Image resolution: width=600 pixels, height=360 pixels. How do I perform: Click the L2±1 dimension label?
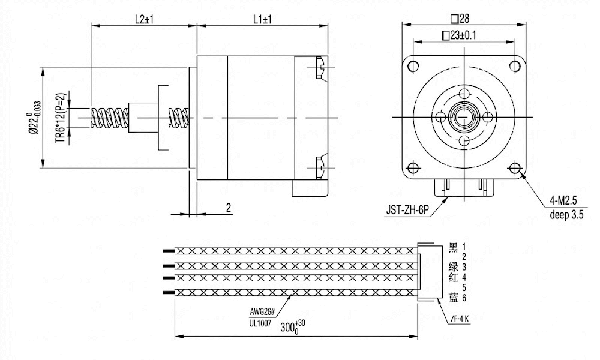[144, 20]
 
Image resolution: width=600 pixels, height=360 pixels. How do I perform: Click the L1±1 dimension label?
[262, 20]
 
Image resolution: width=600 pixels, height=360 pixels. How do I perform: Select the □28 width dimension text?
[460, 18]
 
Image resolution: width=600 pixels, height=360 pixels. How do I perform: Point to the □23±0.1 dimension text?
[459, 35]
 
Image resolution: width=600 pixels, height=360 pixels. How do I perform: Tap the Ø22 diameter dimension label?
[34, 118]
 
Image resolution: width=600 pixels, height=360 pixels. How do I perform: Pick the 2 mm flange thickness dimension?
[229, 208]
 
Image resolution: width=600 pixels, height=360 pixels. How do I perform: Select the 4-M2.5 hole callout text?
[563, 200]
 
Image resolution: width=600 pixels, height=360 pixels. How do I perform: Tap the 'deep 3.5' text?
[567, 214]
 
